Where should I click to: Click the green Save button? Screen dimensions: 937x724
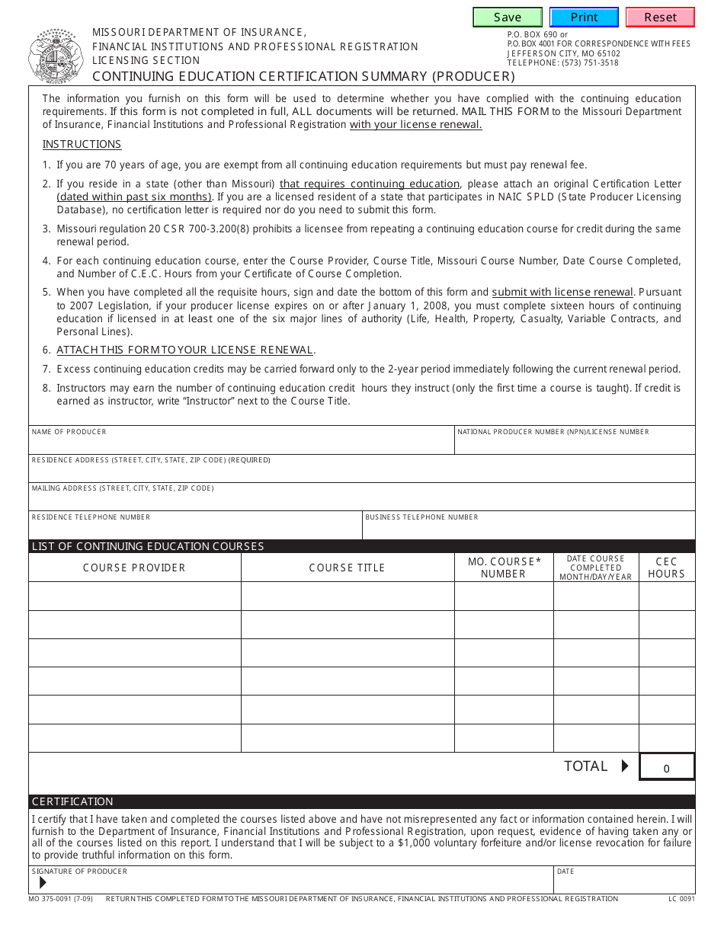508,18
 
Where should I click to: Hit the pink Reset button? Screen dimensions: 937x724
660,18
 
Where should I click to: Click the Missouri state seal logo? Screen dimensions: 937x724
55,56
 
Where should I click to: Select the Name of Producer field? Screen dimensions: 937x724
242,445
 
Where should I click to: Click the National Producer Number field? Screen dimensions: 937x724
575,445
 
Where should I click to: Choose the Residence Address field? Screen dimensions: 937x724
362,473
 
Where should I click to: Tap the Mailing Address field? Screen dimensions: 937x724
362,501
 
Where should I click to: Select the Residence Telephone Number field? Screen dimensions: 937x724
195,529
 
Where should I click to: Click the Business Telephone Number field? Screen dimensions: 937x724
529,529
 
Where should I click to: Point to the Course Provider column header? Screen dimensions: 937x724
134,568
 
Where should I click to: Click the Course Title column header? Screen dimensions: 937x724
348,568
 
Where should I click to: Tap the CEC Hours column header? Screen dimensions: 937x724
667,568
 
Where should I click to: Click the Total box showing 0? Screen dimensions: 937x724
667,768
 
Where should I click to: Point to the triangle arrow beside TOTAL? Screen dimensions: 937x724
625,766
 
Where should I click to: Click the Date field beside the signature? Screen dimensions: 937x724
625,884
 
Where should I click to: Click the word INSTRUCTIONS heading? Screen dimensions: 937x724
82,145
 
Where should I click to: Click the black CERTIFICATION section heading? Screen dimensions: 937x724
72,801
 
